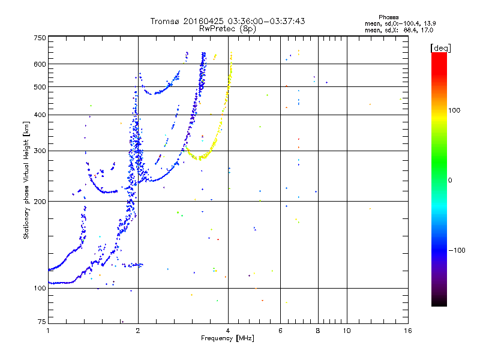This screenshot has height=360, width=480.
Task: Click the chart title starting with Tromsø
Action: coord(227,21)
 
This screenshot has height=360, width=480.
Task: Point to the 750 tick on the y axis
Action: coord(40,37)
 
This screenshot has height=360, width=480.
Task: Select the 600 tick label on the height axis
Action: coord(40,64)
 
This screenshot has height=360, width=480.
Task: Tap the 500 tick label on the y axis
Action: coord(40,87)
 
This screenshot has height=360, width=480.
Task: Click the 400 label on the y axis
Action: coord(40,115)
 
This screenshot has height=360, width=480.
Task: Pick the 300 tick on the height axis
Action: coord(40,151)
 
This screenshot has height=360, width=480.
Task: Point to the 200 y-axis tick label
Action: coord(40,201)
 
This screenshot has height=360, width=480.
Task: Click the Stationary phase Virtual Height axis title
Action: coord(26,180)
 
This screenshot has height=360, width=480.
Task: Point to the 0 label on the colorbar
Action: coord(451,180)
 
